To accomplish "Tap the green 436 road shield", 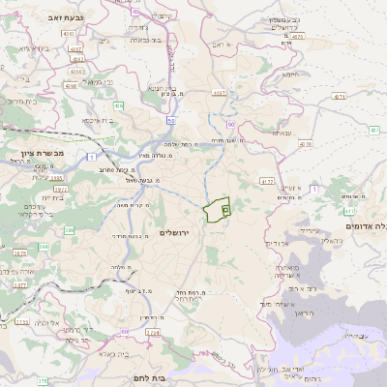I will pyautogui.click(x=118, y=105).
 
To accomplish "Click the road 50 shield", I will pyautogui.click(x=171, y=119).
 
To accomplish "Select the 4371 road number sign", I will pyautogui.click(x=339, y=97).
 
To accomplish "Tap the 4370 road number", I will pyautogui.click(x=306, y=144).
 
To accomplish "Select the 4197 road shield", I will pyautogui.click(x=220, y=94).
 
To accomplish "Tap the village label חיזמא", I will pyautogui.click(x=291, y=74).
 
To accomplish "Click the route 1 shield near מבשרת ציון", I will pyautogui.click(x=91, y=156).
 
